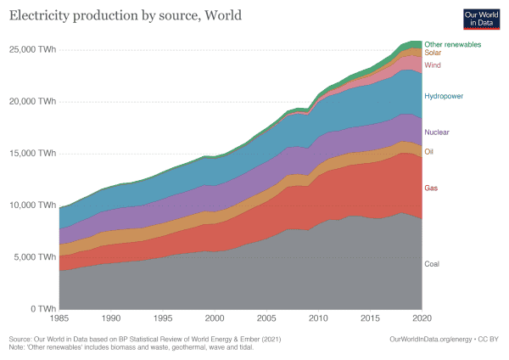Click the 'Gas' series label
click(x=432, y=187)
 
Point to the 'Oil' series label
click(x=430, y=152)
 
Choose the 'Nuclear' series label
click(x=437, y=132)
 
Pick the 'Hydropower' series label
click(x=443, y=96)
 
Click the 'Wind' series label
click(x=433, y=65)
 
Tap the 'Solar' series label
click(x=433, y=53)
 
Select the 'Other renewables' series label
click(x=453, y=43)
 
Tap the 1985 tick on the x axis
click(x=59, y=318)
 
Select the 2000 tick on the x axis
click(x=215, y=318)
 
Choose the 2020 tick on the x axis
click(x=422, y=318)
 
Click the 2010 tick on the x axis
click(x=318, y=318)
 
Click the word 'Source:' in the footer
click(x=20, y=338)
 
